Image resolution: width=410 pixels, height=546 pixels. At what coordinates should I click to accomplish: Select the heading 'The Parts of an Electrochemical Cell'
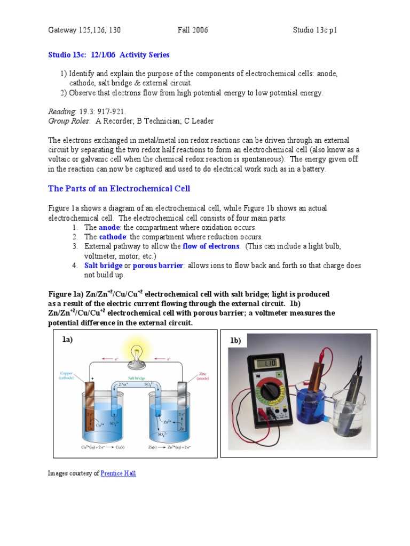click(119, 188)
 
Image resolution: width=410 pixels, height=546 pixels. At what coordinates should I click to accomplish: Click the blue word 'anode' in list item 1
click(109, 227)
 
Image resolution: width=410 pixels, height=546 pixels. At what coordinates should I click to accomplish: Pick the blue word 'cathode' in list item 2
click(112, 237)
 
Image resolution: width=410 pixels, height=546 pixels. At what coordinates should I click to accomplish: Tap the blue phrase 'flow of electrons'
click(211, 246)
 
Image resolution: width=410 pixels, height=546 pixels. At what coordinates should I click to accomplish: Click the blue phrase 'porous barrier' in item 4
click(159, 266)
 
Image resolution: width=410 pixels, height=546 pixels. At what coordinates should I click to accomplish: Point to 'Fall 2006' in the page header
click(193, 30)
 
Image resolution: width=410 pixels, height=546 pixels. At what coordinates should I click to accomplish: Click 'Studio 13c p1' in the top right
click(315, 30)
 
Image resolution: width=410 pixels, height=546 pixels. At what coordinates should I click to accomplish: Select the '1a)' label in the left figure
click(67, 339)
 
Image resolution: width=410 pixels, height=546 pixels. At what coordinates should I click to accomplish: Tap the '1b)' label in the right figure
click(235, 341)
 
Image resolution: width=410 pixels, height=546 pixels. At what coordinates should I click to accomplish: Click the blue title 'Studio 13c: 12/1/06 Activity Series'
click(109, 55)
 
